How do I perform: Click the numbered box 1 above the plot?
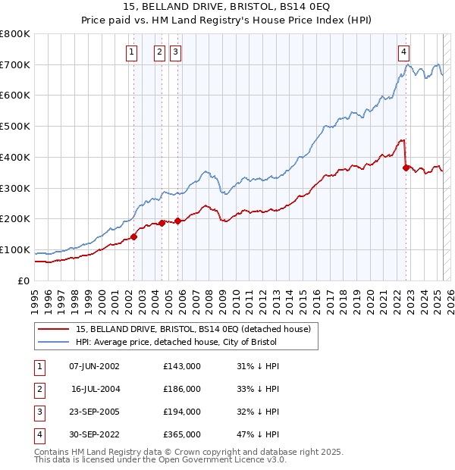click(132, 52)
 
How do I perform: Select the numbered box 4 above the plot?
click(404, 52)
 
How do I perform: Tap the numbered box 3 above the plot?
click(175, 52)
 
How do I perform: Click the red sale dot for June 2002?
click(133, 237)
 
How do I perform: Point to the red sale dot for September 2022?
click(406, 168)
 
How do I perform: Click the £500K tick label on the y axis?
click(15, 127)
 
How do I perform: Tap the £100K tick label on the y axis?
click(15, 250)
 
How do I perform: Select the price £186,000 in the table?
click(181, 389)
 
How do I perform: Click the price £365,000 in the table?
click(181, 434)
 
